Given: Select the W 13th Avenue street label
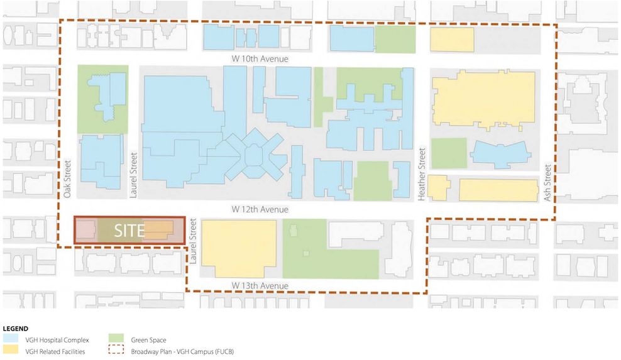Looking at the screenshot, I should (260, 286).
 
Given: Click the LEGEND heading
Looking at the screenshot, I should (16, 329).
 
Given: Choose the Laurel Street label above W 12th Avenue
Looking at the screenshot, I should (133, 181).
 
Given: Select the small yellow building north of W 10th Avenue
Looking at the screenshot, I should (451, 40).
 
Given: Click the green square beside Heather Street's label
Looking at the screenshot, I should (449, 153).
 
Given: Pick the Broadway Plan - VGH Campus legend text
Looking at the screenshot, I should (182, 352).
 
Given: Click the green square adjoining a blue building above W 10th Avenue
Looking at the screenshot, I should (395, 39).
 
